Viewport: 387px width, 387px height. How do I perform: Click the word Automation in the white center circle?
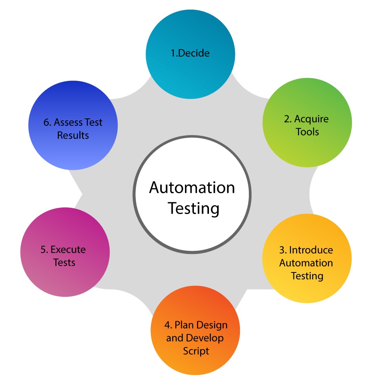(x=192, y=188)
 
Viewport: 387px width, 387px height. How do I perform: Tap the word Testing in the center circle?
(x=193, y=208)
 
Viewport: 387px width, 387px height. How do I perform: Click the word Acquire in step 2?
(x=312, y=119)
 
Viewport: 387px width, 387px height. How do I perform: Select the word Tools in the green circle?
(x=307, y=132)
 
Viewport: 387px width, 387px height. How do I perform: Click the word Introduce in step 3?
(x=311, y=250)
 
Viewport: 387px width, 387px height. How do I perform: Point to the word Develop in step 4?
(x=205, y=338)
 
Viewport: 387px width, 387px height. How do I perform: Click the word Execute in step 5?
(x=68, y=250)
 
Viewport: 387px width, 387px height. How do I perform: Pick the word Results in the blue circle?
(x=73, y=135)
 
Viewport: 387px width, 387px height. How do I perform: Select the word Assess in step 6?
(x=68, y=122)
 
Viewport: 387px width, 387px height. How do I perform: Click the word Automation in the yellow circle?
(x=306, y=263)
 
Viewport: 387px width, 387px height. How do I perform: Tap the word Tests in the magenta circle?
(x=64, y=262)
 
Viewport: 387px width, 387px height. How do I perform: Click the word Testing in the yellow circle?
(x=307, y=276)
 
